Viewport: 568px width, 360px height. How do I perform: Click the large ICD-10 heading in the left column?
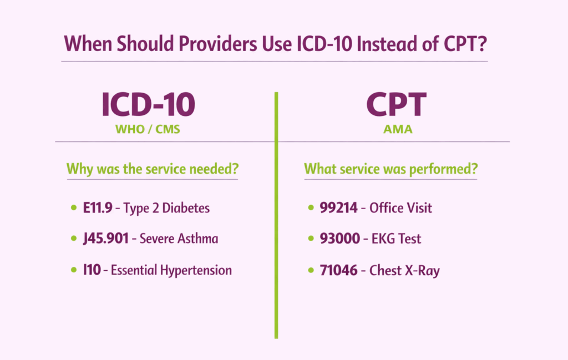148,105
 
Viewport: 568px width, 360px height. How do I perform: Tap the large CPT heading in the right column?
396,105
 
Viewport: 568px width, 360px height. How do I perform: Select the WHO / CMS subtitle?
148,131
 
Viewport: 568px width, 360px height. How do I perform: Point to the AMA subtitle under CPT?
396,131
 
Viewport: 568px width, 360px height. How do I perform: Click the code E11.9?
98,208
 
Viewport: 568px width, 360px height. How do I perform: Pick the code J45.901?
106,239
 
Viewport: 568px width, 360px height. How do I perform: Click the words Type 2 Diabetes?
166,209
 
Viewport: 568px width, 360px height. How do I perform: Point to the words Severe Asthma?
179,239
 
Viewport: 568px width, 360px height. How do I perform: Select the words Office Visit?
400,208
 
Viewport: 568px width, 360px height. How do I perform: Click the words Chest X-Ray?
404,271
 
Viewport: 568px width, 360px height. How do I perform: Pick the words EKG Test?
395,239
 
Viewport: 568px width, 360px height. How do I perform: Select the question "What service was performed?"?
390,169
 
